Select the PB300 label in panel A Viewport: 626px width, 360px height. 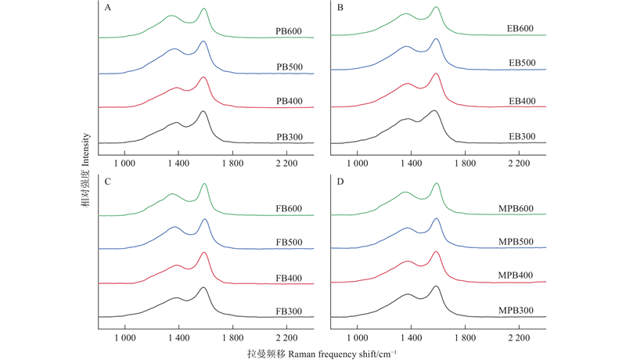click(289, 137)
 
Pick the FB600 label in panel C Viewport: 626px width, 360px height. click(289, 207)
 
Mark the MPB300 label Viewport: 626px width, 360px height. click(517, 311)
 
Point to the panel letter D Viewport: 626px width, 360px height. click(340, 182)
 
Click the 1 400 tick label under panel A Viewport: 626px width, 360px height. click(178, 164)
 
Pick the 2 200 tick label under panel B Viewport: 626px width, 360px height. click(520, 164)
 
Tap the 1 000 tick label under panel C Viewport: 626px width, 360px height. click(125, 337)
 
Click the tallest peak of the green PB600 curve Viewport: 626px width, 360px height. click(203, 9)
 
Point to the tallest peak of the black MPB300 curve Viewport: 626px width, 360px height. click(436, 286)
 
